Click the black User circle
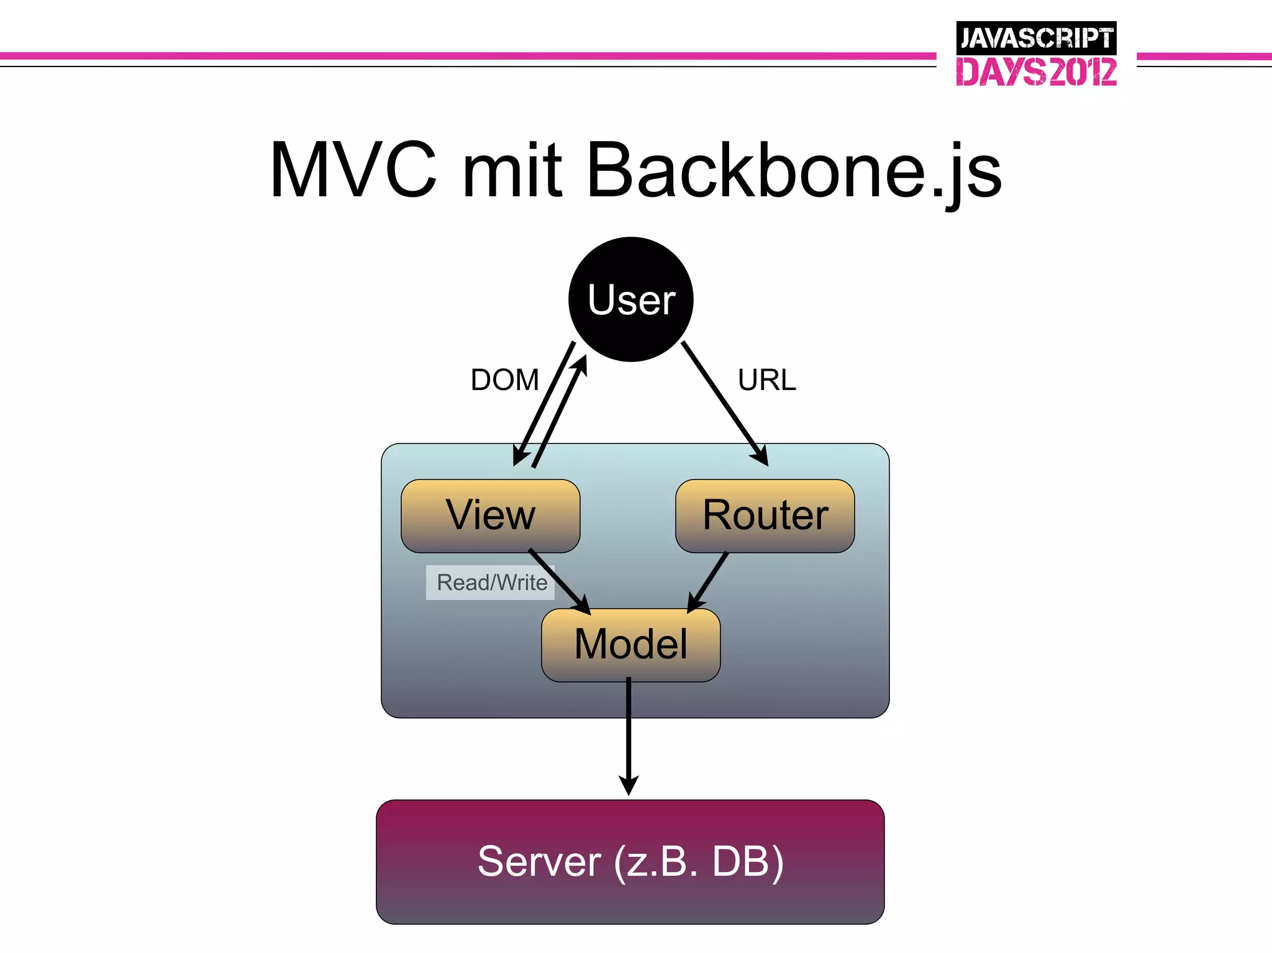tap(630, 299)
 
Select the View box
tap(490, 516)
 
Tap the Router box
tap(765, 516)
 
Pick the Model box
tap(630, 645)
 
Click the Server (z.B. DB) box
tap(630, 861)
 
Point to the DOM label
tap(504, 380)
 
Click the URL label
tap(766, 380)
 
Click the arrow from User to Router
tap(724, 402)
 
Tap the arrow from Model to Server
tap(629, 733)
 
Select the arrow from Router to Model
tap(708, 581)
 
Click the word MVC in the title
tap(353, 170)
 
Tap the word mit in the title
tap(512, 170)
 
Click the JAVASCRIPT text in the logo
tap(1036, 39)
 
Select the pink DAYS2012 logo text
tap(1036, 71)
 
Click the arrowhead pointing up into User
tap(580, 365)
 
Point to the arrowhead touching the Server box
tap(629, 786)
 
